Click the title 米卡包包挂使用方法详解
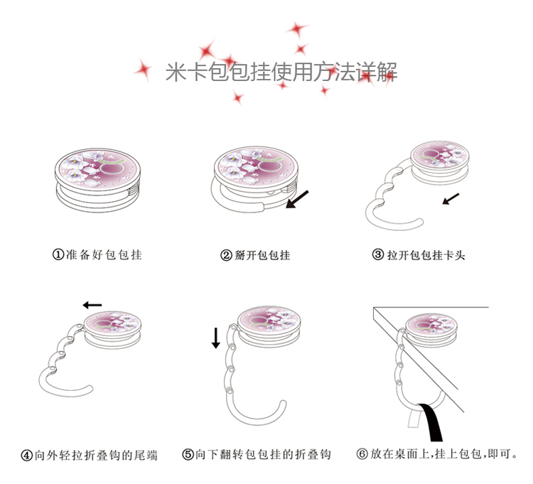(281, 72)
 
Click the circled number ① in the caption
(58, 254)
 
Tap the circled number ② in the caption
(226, 255)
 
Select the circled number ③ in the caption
(378, 254)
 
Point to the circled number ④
(27, 456)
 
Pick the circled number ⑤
(188, 454)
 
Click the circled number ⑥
(362, 453)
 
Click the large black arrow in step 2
(297, 199)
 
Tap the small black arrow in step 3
(451, 199)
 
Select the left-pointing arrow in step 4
(92, 305)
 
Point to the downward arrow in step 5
(216, 338)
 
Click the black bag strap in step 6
(431, 422)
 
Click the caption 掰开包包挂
(262, 255)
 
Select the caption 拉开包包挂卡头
(426, 254)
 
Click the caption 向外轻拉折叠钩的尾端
(96, 456)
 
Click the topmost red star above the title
(297, 29)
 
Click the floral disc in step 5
(269, 320)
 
